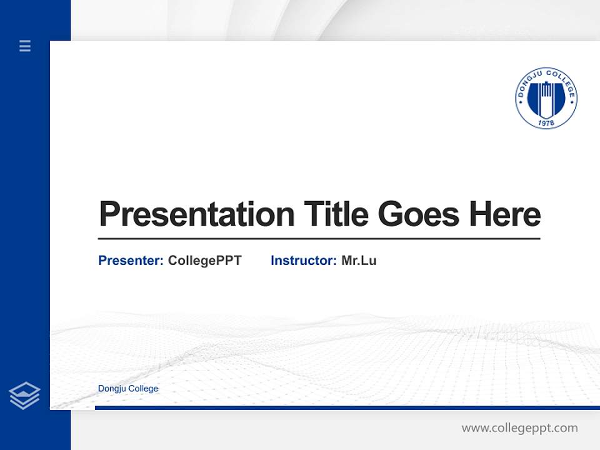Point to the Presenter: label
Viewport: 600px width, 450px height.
131,261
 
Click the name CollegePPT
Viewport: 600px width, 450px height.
204,261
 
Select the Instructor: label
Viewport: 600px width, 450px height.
304,261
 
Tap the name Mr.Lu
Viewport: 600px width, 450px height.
359,261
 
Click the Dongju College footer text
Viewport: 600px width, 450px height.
128,389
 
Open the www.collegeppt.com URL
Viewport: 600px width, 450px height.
519,428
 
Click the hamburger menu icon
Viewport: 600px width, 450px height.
25,46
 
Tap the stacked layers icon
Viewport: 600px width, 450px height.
24,396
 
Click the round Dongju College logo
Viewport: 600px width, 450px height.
546,99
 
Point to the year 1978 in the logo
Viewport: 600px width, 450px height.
546,123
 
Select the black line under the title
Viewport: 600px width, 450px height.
319,239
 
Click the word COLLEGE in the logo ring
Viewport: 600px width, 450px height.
561,81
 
